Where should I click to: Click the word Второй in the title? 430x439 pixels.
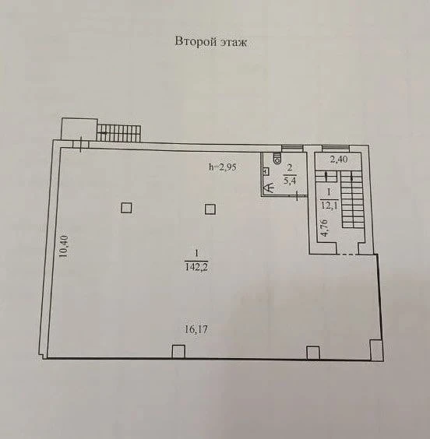tap(196, 42)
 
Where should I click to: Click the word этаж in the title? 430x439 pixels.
tap(234, 43)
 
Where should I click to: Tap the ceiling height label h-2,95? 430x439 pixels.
tap(223, 167)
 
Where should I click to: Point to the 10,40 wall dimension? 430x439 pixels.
tap(64, 247)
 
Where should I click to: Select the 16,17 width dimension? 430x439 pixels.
tap(196, 329)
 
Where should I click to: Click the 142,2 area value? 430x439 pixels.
tap(196, 268)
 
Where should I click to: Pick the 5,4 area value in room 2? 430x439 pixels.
tap(290, 180)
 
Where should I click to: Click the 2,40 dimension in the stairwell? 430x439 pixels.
tap(339, 160)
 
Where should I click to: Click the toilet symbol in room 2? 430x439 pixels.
tap(277, 158)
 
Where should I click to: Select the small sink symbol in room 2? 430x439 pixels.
tap(266, 171)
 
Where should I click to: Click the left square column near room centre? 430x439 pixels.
tap(126, 208)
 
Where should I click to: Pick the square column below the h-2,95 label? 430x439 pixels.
tap(210, 209)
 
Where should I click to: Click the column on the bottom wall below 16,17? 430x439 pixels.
tap(178, 352)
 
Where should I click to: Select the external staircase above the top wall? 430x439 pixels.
tap(118, 133)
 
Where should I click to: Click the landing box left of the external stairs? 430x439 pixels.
tap(79, 129)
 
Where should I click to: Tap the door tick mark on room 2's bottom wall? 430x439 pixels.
tap(298, 197)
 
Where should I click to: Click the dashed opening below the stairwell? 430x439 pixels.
tap(347, 255)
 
